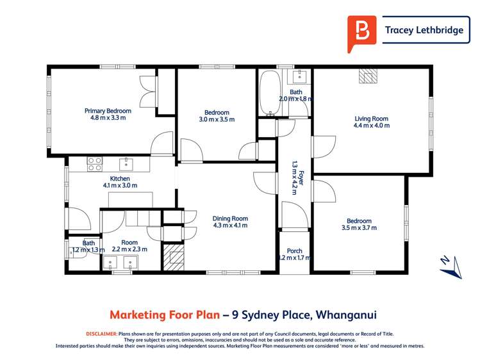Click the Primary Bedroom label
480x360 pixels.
tap(108, 111)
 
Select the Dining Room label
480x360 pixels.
tap(230, 218)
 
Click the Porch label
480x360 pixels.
tap(295, 250)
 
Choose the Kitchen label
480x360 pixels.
tap(120, 179)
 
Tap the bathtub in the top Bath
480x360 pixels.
tap(267, 93)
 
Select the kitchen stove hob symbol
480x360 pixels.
tap(95, 164)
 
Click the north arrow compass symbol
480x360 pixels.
tap(451, 266)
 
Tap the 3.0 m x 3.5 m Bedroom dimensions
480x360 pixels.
tap(217, 119)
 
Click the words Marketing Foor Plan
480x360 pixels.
tap(163, 315)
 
